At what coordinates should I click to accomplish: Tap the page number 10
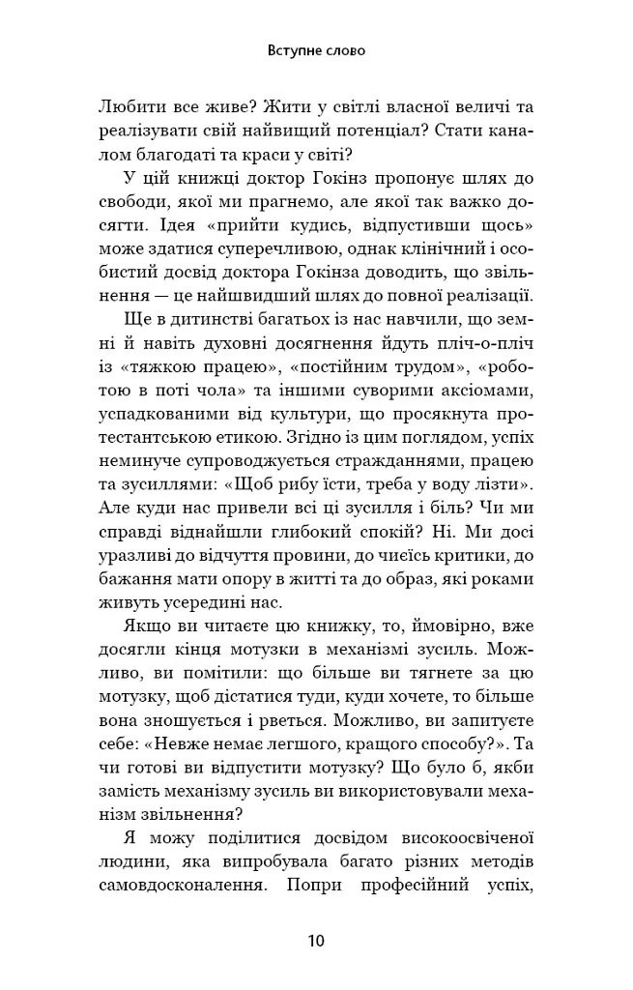coord(316,940)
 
